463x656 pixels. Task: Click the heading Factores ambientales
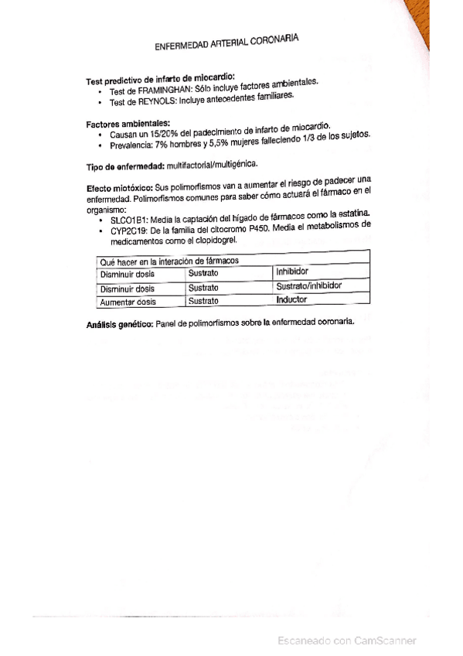(x=128, y=124)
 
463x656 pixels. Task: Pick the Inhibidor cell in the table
(x=292, y=272)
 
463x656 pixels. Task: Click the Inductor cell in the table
(x=291, y=299)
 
